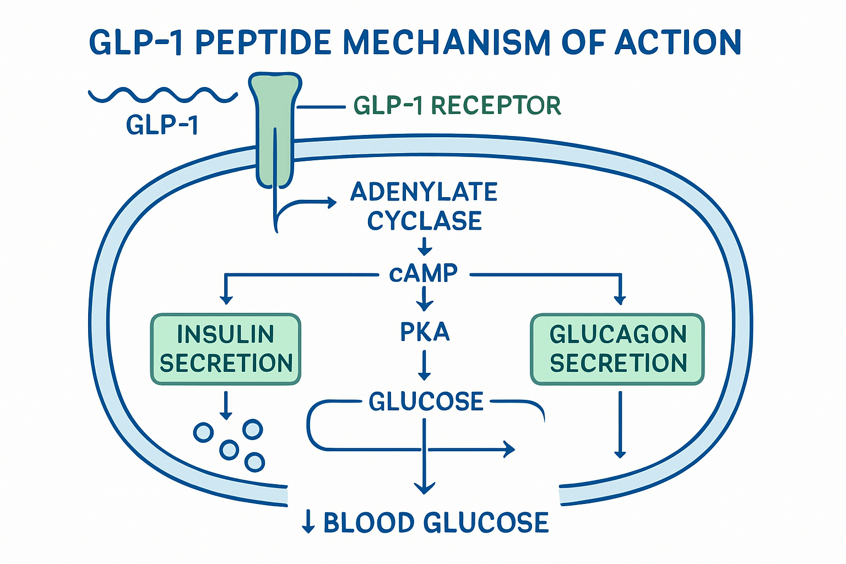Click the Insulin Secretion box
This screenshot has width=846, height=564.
[x=225, y=349]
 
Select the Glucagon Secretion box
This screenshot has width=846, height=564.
[x=617, y=349]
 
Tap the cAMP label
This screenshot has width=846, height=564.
[x=423, y=273]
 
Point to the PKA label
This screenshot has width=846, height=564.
[x=425, y=332]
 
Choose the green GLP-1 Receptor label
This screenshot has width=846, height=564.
[x=457, y=106]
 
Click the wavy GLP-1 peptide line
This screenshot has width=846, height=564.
[x=162, y=95]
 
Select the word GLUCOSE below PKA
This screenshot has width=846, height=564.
[x=426, y=402]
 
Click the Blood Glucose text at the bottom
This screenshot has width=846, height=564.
[x=436, y=523]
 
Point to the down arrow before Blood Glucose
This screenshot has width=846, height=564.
[x=308, y=522]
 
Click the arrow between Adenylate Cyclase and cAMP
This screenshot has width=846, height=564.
[x=425, y=246]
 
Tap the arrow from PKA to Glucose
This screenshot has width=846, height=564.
[x=424, y=365]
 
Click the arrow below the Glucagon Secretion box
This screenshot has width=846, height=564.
[x=620, y=425]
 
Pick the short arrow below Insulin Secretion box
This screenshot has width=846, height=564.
[x=225, y=405]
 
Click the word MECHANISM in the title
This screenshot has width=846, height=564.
[x=446, y=42]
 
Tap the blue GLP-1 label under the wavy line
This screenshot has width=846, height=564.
[x=162, y=125]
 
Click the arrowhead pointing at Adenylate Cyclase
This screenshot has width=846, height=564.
[x=332, y=202]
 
